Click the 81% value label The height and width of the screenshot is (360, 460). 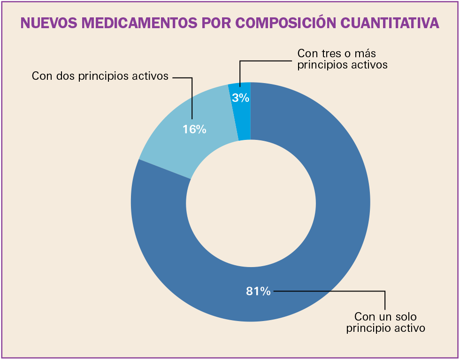coord(258,291)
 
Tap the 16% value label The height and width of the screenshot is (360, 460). coord(194,130)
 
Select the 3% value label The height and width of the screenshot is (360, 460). coord(240,98)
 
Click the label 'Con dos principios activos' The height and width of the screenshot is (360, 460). coord(100,76)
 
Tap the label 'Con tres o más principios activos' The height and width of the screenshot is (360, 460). coord(343,59)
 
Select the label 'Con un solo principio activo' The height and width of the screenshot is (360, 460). coord(385,322)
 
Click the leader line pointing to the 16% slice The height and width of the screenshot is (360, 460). coord(192,99)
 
